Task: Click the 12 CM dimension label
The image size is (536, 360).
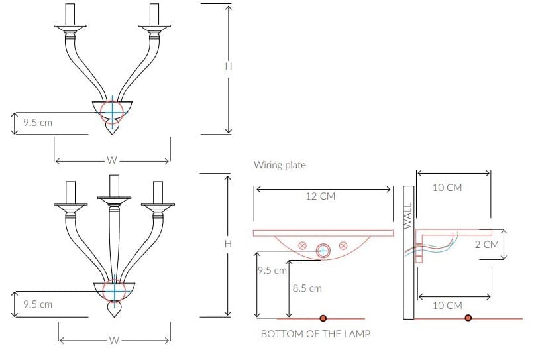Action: pos(320,196)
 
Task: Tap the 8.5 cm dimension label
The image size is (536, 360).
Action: pos(307,288)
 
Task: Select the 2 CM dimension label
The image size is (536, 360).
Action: pos(487,245)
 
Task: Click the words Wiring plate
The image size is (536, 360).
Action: pos(280,165)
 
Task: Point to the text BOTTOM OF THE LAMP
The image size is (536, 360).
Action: pos(315,334)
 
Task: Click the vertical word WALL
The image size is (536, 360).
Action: pos(408,215)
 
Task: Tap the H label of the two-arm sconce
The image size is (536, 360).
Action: pos(229,66)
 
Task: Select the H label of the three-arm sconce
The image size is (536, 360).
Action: pos(228,244)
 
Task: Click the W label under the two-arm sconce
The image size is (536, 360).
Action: pos(112,160)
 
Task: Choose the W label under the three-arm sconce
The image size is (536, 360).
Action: pos(114,341)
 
